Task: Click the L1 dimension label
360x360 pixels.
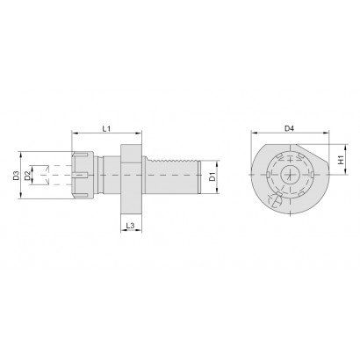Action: point(106,128)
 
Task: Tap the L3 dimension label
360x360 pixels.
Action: point(130,226)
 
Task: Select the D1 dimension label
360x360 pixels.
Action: point(212,176)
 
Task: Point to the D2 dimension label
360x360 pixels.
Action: point(27,176)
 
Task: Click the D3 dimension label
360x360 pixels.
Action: point(16,176)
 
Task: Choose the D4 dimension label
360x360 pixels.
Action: point(289,128)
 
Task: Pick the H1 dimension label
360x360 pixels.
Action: point(341,160)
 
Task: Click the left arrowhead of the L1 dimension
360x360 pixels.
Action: point(75,133)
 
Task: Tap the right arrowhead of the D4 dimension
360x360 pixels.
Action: point(327,133)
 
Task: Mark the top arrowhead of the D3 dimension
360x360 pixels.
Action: point(20,154)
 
